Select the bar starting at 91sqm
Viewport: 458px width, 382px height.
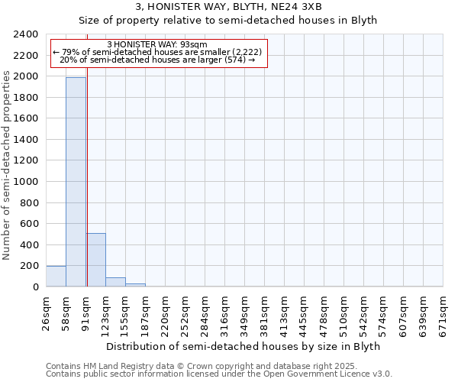point(95,260)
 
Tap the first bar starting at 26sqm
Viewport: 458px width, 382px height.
point(56,277)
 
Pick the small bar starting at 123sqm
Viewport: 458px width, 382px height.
point(115,282)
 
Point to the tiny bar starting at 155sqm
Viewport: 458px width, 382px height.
point(135,285)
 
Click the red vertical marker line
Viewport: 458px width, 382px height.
point(87,153)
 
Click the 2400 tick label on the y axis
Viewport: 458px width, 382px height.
point(27,34)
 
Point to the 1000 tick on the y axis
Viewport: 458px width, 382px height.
point(27,182)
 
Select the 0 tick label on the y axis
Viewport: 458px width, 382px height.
point(35,287)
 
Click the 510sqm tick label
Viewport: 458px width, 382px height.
point(344,313)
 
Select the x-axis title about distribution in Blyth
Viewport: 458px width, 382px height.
point(243,346)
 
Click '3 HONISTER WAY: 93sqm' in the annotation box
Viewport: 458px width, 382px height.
point(158,44)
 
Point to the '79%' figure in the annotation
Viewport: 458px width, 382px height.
point(70,52)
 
